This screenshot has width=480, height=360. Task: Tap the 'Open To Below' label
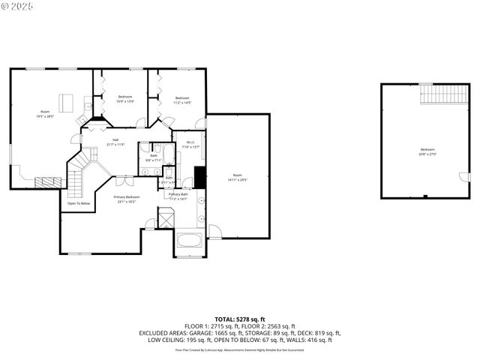(x=79, y=203)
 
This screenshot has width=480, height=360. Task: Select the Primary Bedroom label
(x=127, y=199)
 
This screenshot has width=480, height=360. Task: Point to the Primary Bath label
(x=178, y=196)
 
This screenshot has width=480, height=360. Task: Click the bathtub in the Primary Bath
(x=188, y=242)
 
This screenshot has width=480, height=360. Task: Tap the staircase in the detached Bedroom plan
(x=444, y=94)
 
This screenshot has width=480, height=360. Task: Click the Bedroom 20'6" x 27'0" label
(x=427, y=151)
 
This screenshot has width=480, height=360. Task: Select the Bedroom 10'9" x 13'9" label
(x=125, y=99)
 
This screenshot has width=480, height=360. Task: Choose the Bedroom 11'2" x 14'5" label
(x=183, y=100)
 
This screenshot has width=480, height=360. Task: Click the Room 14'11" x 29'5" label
(x=238, y=177)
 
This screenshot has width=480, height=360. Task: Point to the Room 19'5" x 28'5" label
(x=45, y=114)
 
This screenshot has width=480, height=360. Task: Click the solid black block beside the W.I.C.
(x=199, y=178)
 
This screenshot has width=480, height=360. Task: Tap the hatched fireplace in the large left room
(x=49, y=181)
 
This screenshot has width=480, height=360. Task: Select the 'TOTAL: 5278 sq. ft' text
(x=240, y=319)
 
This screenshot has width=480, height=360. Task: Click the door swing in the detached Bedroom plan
(x=463, y=177)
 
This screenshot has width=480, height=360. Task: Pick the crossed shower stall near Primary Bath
(x=165, y=220)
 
